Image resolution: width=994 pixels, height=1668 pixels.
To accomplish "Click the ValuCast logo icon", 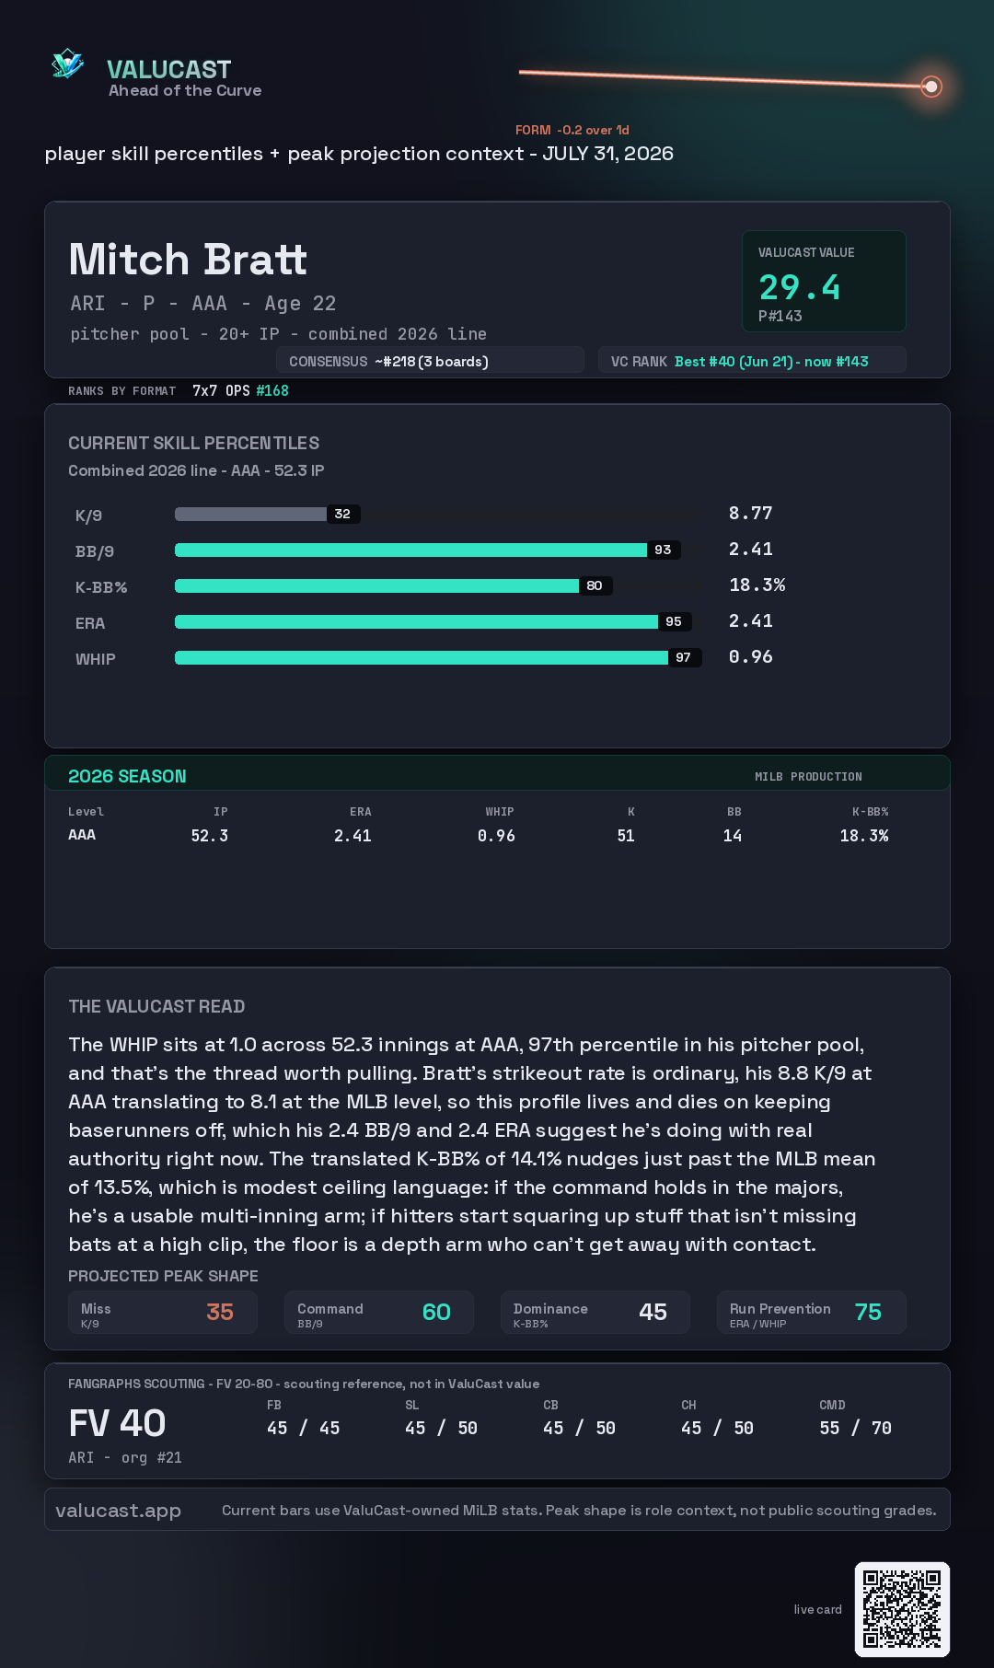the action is [67, 64].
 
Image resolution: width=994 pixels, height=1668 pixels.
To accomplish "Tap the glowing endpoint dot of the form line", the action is [931, 87].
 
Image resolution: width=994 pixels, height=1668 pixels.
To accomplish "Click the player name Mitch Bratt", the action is [188, 260].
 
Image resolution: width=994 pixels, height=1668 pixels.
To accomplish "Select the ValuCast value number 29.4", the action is [799, 287].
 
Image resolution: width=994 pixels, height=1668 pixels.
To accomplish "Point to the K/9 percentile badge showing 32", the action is [342, 514].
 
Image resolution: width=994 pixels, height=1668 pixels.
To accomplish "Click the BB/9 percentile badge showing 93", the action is [663, 550].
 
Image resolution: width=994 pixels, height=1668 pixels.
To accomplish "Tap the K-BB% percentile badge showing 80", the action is [595, 585].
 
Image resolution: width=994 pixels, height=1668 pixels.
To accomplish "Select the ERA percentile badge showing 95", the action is [674, 621].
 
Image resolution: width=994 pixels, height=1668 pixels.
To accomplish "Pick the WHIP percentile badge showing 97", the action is [683, 657].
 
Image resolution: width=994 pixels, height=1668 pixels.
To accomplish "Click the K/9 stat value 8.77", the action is [750, 513].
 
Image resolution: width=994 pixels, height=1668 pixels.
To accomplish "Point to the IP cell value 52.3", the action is [210, 836].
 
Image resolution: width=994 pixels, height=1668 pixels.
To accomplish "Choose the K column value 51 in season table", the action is [626, 836].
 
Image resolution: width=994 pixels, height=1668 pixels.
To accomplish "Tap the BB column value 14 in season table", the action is [733, 836].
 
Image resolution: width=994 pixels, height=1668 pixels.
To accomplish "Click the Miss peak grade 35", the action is [220, 1312].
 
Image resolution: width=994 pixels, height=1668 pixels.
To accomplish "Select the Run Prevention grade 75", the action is [868, 1312].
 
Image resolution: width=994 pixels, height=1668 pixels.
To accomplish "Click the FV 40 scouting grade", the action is [117, 1423].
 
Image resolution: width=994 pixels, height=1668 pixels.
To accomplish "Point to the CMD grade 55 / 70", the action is [855, 1428].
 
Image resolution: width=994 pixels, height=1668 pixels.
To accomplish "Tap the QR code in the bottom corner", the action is [902, 1609].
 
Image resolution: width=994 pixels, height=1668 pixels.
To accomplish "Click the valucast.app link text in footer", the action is [118, 1511].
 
